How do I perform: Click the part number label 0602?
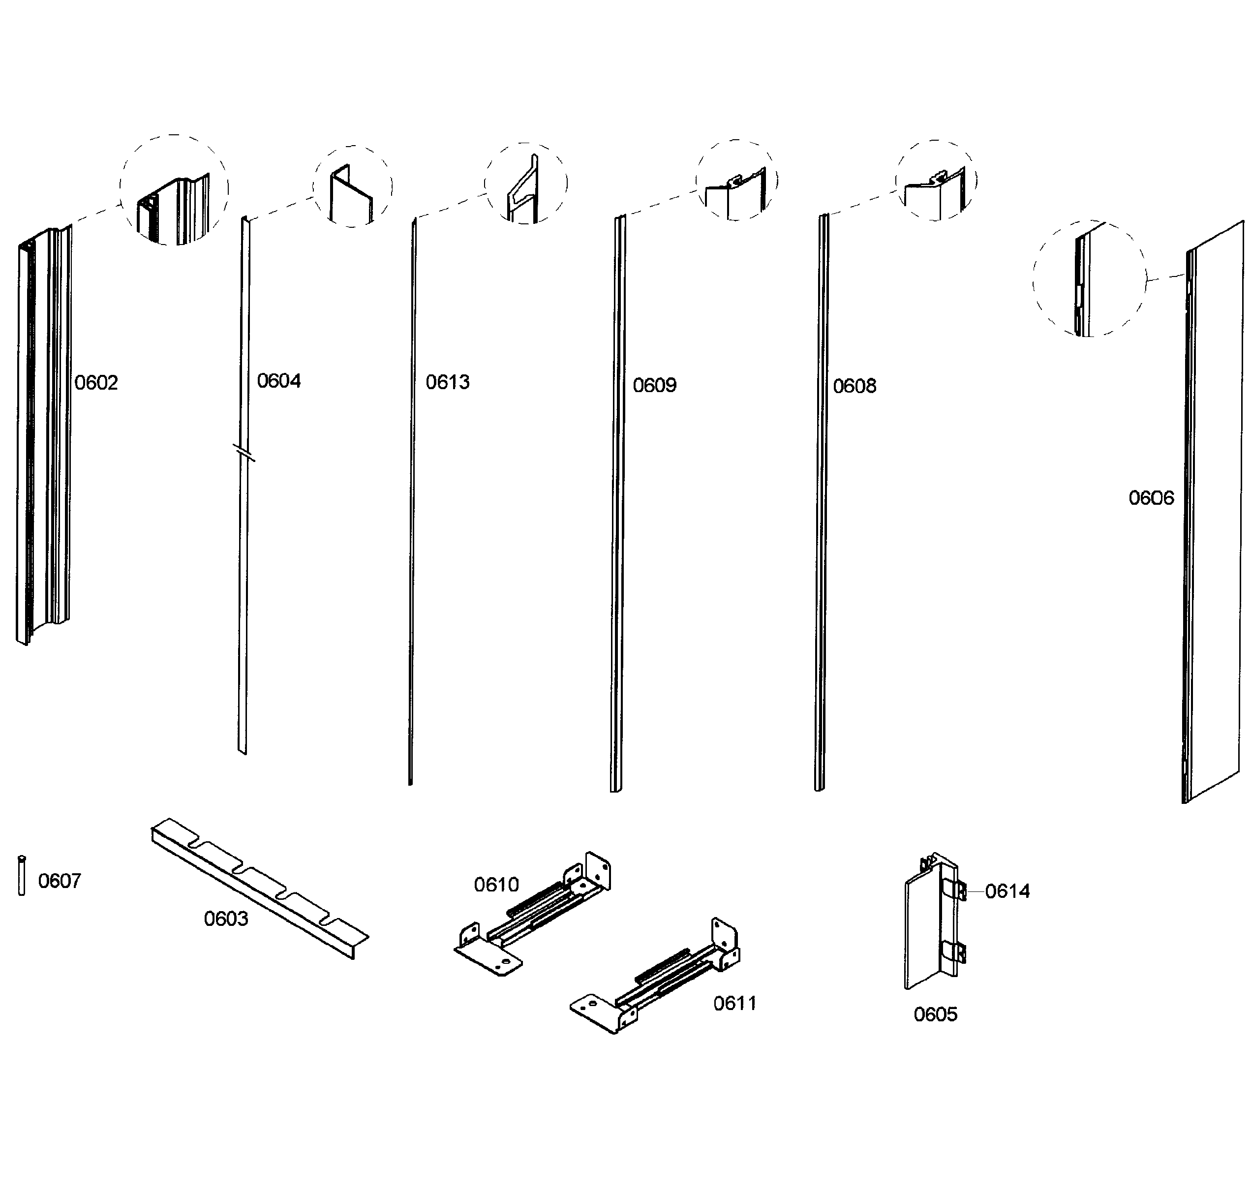coord(96,383)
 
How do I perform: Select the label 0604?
coord(278,381)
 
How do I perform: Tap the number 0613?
coord(447,382)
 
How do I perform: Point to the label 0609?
coord(654,385)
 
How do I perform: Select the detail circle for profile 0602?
coord(174,190)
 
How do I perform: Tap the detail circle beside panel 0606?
coord(1089,278)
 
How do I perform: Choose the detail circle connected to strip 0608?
coord(936,180)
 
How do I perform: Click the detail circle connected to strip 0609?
coord(736,180)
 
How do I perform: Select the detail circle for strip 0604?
coord(352,186)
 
